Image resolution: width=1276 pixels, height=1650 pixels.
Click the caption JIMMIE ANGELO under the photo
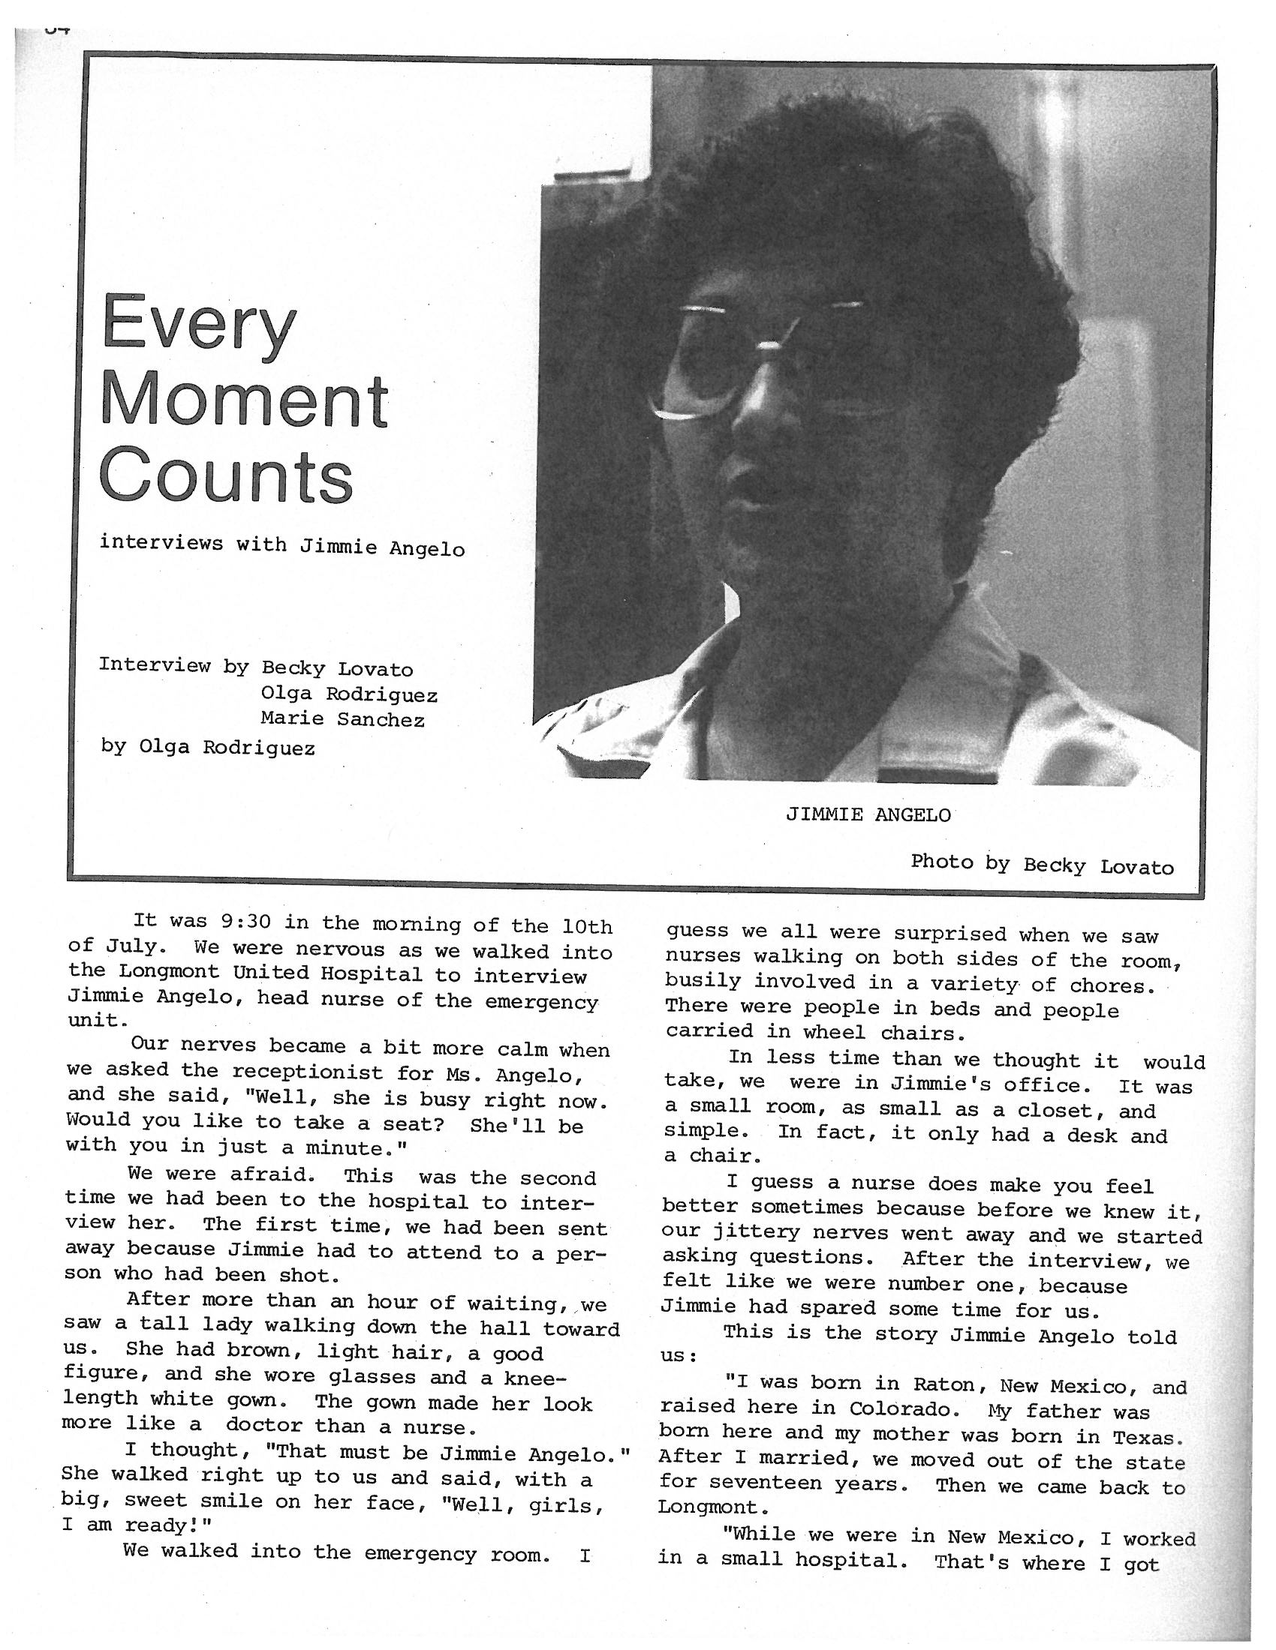[868, 814]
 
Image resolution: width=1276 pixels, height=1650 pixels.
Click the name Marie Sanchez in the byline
[342, 719]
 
